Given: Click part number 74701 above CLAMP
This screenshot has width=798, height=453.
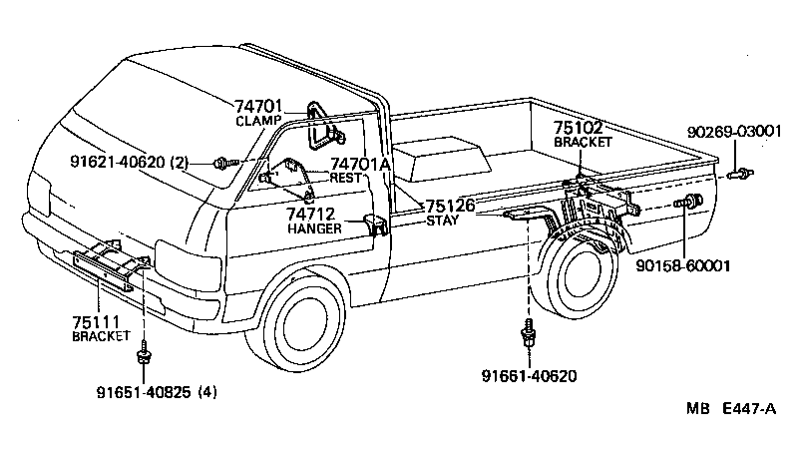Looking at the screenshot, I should point(259,105).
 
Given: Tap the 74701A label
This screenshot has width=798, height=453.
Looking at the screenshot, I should point(361,164).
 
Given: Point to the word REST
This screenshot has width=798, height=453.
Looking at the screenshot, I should point(345,178).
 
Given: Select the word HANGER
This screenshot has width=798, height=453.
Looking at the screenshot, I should point(314,228).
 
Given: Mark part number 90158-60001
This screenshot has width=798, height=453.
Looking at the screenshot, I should point(684,266).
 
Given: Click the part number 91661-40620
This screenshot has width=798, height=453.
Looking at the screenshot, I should point(529,375).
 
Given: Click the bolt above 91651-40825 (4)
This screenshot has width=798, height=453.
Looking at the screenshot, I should point(147,352).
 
